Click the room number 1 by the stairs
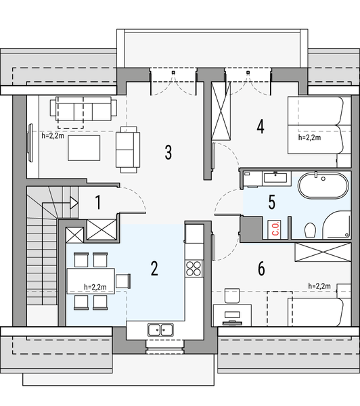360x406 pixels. coord(98,202)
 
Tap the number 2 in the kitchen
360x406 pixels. coord(154,269)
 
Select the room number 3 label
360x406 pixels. coord(168,152)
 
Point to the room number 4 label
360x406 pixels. coord(261,125)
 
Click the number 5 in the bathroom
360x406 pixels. coord(271,202)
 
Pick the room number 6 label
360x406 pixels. coord(261,269)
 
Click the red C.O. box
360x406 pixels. coord(276,228)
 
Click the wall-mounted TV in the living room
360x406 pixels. coord(30,144)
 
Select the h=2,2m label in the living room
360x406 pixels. coord(53,136)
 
